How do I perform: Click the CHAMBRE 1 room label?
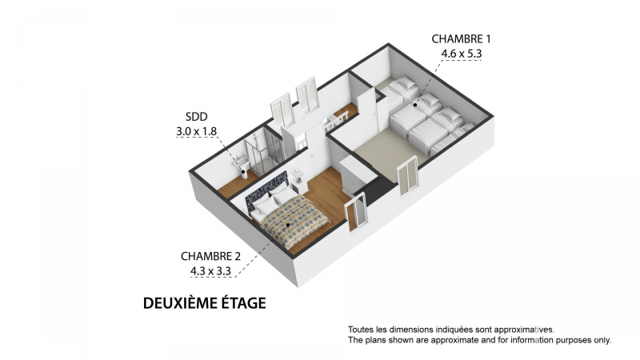click(461, 38)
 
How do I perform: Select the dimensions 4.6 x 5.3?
click(462, 54)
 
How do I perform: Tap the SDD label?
click(196, 117)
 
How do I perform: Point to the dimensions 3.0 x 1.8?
click(196, 131)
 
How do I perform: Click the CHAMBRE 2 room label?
click(210, 256)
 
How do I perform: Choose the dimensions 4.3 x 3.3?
click(210, 271)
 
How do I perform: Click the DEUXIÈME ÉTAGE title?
click(205, 303)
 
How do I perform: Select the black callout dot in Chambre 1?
click(415, 105)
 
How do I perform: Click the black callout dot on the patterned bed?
click(288, 225)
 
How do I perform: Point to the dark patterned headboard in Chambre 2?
click(266, 190)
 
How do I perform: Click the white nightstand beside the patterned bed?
click(299, 186)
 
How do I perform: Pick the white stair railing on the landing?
click(336, 121)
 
